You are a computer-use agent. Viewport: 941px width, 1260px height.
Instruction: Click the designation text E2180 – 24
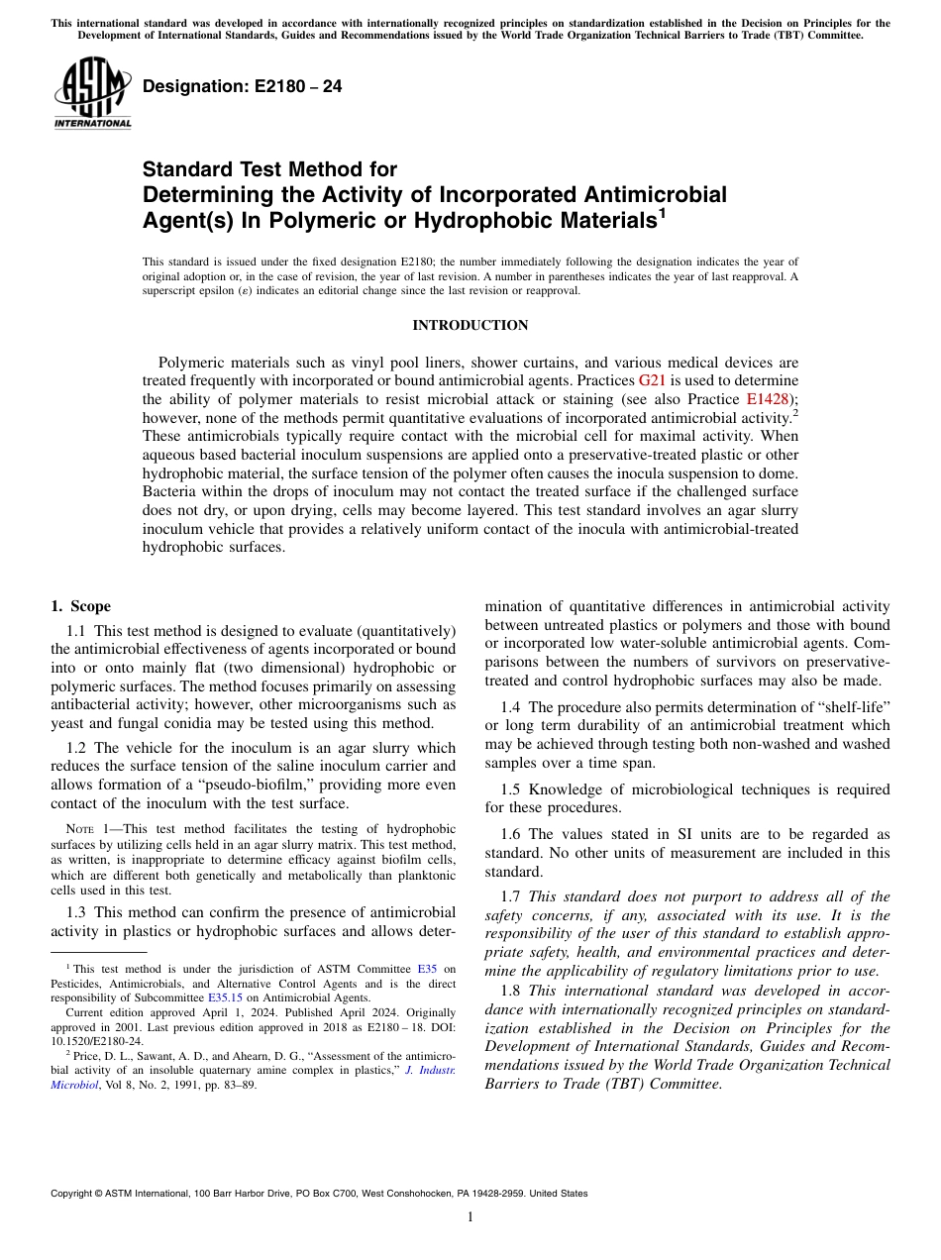243,87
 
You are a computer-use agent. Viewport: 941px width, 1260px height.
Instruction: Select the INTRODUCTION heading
470,326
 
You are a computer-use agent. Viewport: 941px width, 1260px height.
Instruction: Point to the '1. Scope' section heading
80,606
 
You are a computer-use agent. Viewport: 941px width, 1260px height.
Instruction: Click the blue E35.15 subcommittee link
221,998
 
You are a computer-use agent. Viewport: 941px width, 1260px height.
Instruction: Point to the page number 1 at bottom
470,1217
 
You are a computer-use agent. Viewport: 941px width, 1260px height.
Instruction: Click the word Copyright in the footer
74,1194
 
